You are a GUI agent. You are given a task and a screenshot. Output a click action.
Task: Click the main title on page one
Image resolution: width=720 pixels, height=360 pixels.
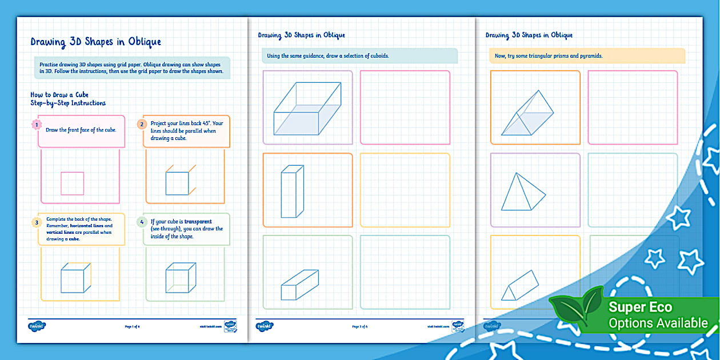pos(95,42)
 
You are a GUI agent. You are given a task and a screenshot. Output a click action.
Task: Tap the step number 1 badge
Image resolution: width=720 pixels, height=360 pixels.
pos(37,124)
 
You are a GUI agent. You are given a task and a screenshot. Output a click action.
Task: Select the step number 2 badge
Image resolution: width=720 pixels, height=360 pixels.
pos(141,124)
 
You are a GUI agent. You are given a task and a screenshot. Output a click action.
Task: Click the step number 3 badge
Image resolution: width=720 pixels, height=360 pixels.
pos(37,222)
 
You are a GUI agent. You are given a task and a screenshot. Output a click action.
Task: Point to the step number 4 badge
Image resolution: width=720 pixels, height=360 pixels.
pos(141,222)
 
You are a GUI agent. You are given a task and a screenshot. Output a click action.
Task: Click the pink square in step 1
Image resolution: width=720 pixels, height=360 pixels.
pos(73,183)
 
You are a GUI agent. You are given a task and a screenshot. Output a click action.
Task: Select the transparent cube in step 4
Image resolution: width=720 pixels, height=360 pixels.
pos(180,278)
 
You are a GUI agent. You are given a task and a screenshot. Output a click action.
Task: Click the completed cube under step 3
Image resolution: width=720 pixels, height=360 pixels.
pos(75,278)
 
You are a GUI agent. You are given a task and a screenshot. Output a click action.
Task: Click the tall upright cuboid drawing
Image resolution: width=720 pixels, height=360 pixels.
pos(291,191)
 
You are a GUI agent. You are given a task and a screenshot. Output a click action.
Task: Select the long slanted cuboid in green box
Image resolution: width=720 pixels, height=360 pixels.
pos(299,285)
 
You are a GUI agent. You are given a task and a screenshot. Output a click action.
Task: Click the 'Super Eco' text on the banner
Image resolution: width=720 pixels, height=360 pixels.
pos(640,307)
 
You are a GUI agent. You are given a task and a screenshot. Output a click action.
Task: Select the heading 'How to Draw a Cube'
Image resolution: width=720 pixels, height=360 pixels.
pos(59,94)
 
